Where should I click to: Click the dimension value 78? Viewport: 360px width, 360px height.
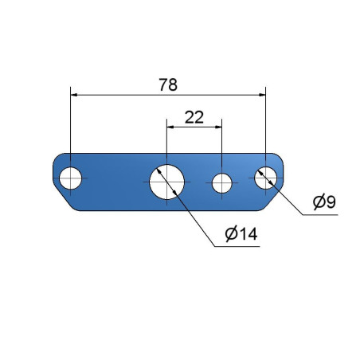click(x=168, y=84)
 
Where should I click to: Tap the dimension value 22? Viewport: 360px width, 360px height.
click(x=194, y=117)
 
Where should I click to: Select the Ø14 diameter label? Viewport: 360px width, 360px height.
click(x=241, y=234)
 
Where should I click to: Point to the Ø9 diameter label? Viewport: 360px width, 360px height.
click(x=324, y=202)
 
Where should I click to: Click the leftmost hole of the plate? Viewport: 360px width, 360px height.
click(x=70, y=178)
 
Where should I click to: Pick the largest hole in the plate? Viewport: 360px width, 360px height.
click(x=166, y=182)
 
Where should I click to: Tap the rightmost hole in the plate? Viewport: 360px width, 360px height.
click(x=265, y=178)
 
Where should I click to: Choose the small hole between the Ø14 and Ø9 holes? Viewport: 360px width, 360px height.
click(x=222, y=183)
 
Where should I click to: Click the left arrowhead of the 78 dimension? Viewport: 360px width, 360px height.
click(x=74, y=95)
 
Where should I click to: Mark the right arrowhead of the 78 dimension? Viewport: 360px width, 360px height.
click(x=262, y=95)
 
